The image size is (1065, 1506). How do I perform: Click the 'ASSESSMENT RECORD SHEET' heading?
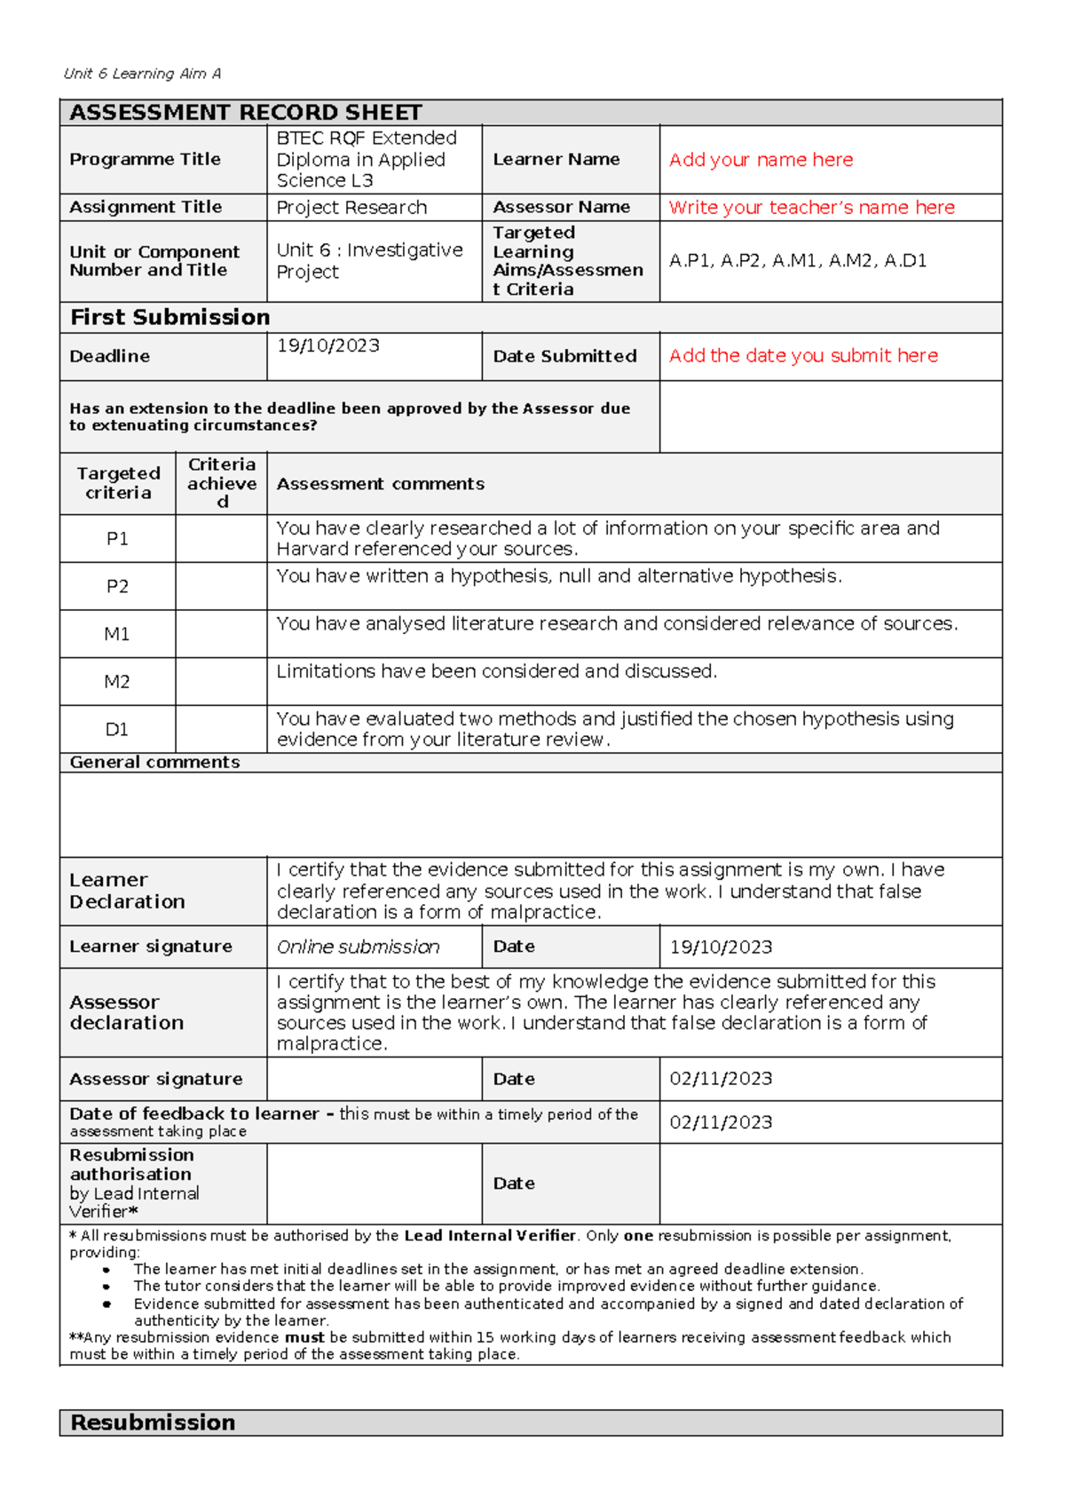coord(245,113)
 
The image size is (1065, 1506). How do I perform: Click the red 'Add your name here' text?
coord(761,160)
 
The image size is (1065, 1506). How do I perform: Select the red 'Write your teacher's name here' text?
coord(811,208)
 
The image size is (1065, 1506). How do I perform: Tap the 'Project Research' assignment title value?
coord(351,208)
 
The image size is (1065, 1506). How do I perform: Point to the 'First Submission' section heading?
coord(170,318)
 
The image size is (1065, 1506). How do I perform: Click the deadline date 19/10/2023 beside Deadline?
coord(327,345)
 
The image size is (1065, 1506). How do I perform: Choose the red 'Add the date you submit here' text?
coord(803,356)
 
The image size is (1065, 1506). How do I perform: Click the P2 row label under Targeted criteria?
coord(117,587)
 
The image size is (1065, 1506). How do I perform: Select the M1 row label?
coord(117,634)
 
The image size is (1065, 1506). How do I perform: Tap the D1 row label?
coord(117,730)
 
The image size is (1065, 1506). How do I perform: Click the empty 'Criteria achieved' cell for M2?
coord(221,682)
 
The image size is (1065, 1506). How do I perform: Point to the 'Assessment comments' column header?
coord(380,484)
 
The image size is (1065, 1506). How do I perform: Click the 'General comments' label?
coord(154,763)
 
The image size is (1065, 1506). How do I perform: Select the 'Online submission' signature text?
coord(358,947)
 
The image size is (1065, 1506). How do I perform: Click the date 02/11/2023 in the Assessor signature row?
coord(721,1079)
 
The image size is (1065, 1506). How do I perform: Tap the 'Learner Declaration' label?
coord(127,891)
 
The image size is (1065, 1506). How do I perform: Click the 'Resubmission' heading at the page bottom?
coord(153,1423)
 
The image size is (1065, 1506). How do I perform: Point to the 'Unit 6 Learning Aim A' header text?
coord(142,74)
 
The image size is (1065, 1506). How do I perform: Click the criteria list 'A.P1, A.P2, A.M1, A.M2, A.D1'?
coord(798,261)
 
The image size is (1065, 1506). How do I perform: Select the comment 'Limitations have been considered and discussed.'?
coord(496,672)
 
